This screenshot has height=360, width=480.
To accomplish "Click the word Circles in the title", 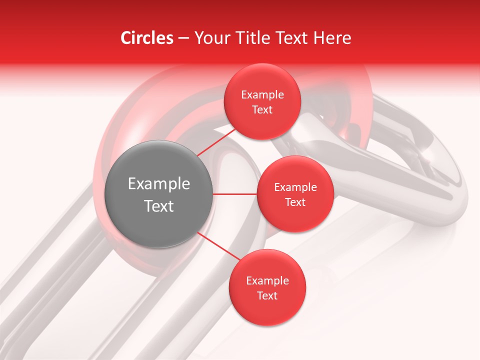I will coord(146,38).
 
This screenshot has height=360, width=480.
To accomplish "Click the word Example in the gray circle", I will coord(158,184).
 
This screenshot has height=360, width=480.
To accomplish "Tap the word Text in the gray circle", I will coord(158,206).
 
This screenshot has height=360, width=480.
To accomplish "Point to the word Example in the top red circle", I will coord(262,95).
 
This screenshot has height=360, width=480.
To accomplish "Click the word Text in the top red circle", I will coord(262,110).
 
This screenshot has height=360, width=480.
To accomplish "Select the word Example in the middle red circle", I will coord(295,187).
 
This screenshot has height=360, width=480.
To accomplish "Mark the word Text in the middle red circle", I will coord(295,202).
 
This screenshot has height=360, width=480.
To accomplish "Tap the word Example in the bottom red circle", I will coord(267,281).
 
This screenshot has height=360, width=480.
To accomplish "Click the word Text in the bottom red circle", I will coord(267,296).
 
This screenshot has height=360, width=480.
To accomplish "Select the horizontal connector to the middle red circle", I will coord(234,194).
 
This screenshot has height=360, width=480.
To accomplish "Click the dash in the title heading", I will coord(183,38).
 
